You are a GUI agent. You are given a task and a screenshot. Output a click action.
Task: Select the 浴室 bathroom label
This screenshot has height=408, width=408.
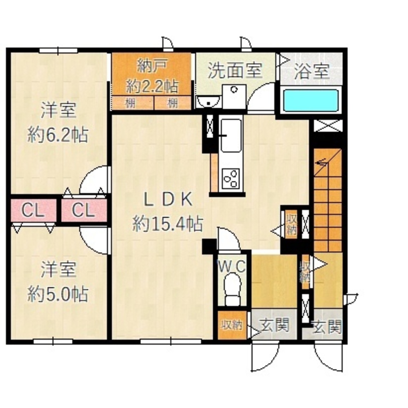click(x=311, y=72)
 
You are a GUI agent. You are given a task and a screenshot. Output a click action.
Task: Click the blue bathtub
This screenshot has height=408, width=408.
click(x=311, y=100)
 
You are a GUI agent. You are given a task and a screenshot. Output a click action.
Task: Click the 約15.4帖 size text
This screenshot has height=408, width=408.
click(x=167, y=224)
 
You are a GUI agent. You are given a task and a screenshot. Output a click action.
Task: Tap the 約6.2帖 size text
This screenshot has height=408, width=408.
click(x=58, y=134)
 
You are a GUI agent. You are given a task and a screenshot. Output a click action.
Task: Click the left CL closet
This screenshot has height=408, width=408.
click(x=33, y=211)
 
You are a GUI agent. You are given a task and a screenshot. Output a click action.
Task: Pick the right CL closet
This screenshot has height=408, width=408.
click(x=84, y=211)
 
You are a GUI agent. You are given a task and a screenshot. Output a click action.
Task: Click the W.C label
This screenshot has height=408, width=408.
click(x=231, y=267)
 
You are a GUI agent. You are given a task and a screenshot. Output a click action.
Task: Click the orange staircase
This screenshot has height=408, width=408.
click(x=328, y=200)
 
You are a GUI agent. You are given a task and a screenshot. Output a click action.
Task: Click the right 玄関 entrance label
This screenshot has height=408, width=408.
click(x=326, y=326)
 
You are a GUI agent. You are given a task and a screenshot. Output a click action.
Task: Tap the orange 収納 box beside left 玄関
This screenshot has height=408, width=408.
click(x=232, y=325)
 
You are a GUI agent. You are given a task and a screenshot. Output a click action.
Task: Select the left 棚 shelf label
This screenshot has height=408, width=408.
click(x=130, y=103)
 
